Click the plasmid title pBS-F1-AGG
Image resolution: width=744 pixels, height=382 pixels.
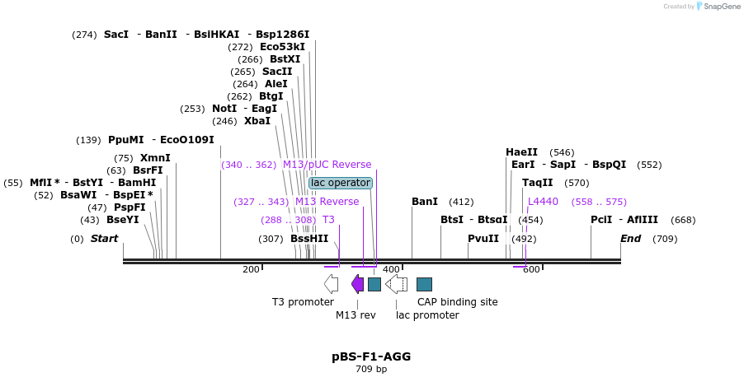(x=371, y=356)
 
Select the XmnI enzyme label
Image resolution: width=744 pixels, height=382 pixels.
(x=155, y=158)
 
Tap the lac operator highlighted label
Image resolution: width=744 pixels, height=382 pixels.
(x=341, y=183)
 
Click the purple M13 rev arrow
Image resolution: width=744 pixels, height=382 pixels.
(x=357, y=284)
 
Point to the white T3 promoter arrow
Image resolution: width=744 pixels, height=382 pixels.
(x=331, y=284)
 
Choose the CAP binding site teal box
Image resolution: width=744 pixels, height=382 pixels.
(x=424, y=284)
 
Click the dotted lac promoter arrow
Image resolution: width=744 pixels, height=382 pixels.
(x=397, y=284)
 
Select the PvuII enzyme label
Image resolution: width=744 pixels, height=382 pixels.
(x=483, y=239)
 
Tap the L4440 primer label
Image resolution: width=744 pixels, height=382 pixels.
(x=543, y=202)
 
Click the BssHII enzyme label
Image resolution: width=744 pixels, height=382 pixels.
(x=309, y=239)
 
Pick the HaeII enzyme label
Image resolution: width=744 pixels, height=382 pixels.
(x=521, y=152)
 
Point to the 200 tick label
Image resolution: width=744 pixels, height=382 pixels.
(x=251, y=269)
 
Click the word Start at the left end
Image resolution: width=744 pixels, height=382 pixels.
(x=104, y=239)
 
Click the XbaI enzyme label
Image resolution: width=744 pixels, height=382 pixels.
(x=257, y=121)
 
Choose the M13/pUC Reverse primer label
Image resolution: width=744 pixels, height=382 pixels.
(x=327, y=165)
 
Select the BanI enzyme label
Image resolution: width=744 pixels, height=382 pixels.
(x=425, y=202)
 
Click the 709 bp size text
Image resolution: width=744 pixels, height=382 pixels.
(x=371, y=370)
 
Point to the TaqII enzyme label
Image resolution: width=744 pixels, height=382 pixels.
(x=538, y=183)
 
